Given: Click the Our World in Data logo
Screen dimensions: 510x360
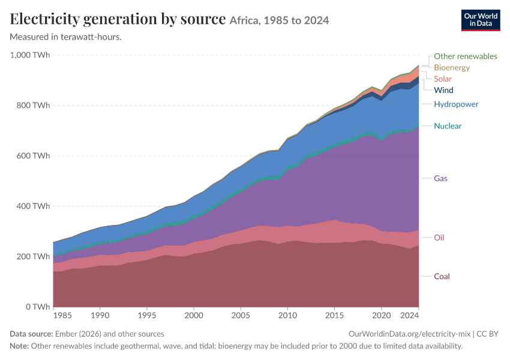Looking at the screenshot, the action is pyautogui.click(x=481, y=20).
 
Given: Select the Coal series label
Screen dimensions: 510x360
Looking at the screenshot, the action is pyautogui.click(x=442, y=277).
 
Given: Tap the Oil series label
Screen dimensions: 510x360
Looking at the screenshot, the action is pyautogui.click(x=439, y=238).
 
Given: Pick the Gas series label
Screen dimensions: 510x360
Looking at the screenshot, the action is pyautogui.click(x=440, y=179).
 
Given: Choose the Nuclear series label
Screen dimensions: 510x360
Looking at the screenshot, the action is pyautogui.click(x=448, y=126).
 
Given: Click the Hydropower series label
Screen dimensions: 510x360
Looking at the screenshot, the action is pyautogui.click(x=456, y=104).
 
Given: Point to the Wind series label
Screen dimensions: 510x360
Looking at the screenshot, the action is pyautogui.click(x=443, y=90).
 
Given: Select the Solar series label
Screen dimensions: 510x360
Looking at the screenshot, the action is pyautogui.click(x=443, y=79).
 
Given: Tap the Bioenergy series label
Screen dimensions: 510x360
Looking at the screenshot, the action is pyautogui.click(x=452, y=68).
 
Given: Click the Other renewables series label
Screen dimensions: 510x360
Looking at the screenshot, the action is pyautogui.click(x=466, y=56).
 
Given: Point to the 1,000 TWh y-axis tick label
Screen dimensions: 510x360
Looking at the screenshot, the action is pyautogui.click(x=30, y=55).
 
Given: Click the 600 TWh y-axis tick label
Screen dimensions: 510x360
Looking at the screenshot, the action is pyautogui.click(x=33, y=156).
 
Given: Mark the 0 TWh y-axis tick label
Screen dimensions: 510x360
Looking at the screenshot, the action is pyautogui.click(x=38, y=307).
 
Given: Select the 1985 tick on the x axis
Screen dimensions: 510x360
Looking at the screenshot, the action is pyautogui.click(x=62, y=316).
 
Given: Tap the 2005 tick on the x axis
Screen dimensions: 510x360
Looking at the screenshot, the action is pyautogui.click(x=241, y=316).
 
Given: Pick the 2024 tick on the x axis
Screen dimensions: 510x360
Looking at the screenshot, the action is pyautogui.click(x=409, y=316).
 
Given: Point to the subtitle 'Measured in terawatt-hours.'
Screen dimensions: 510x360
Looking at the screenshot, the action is pyautogui.click(x=66, y=37).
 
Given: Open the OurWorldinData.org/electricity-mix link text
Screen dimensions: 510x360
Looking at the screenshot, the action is pyautogui.click(x=409, y=334).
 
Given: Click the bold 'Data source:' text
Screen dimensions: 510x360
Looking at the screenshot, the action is pyautogui.click(x=31, y=334).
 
